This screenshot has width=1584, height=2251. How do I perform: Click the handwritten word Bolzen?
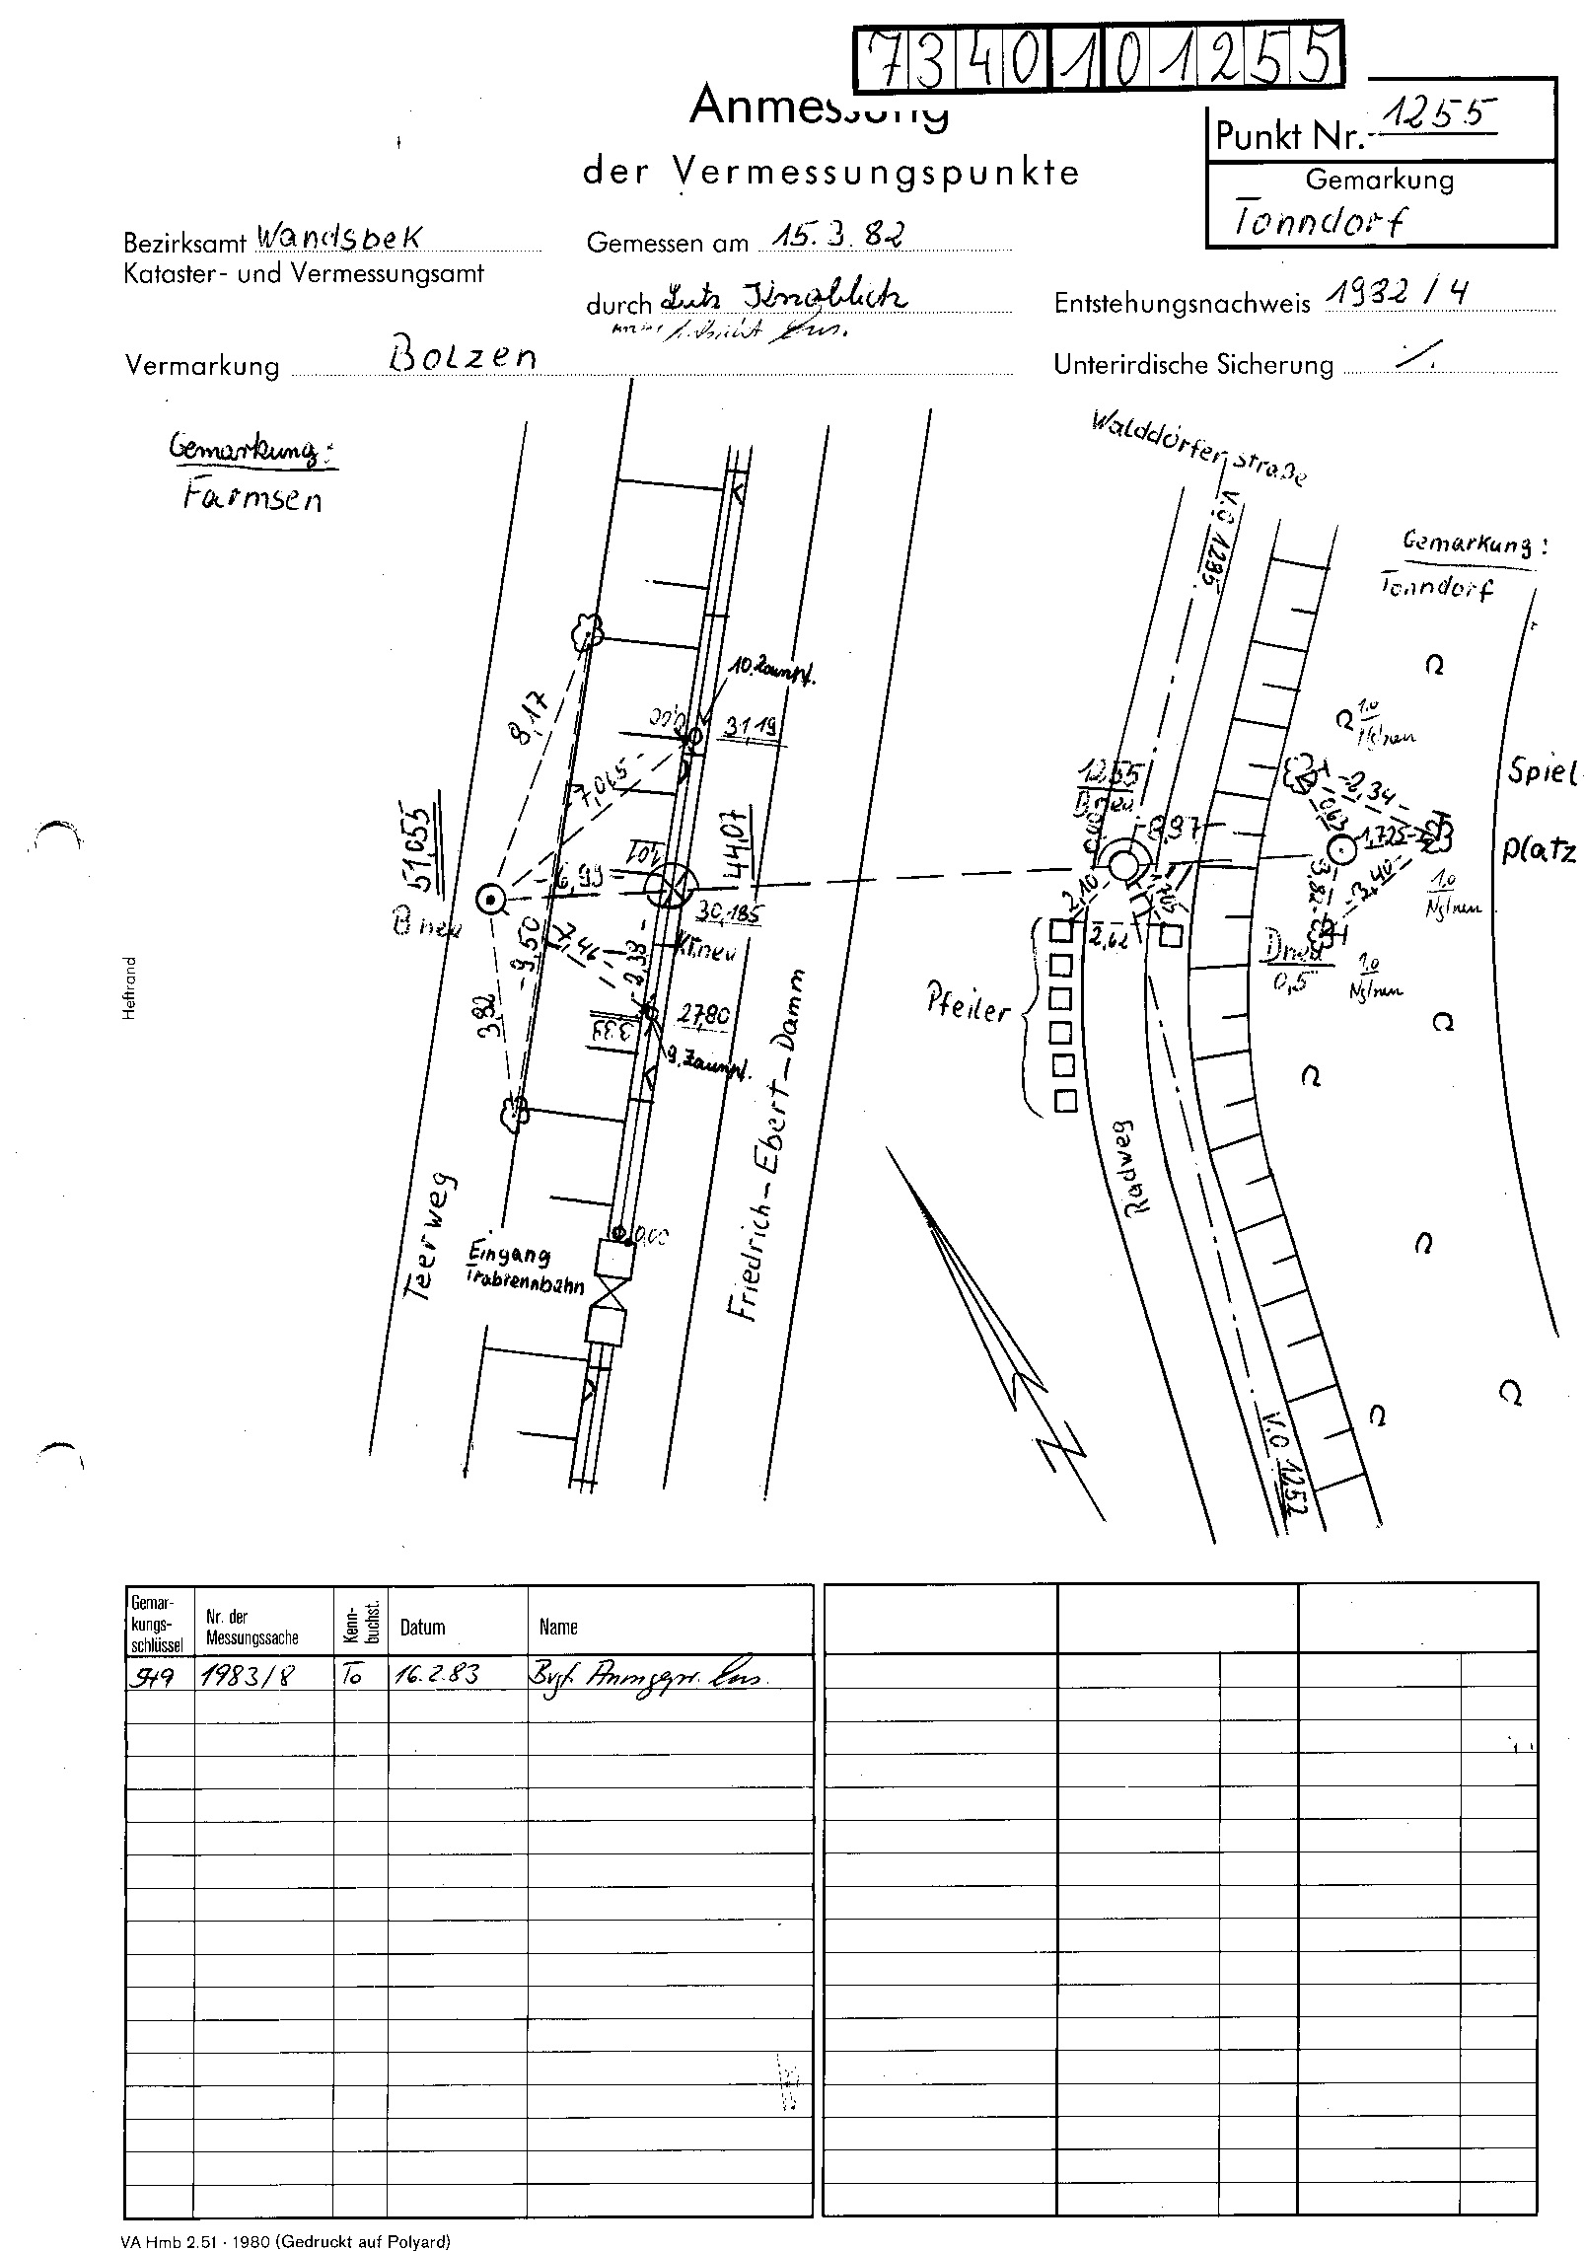point(464,353)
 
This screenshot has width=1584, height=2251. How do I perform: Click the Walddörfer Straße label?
point(1200,448)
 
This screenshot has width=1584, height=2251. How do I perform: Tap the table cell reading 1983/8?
point(243,1674)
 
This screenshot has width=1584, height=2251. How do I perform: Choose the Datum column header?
point(422,1627)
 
